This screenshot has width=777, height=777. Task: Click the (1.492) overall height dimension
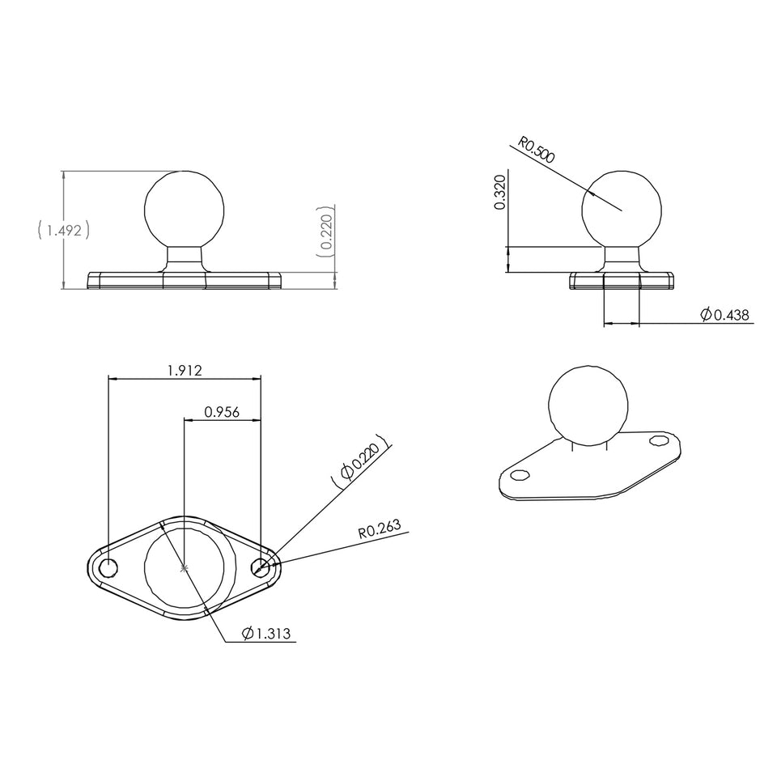click(63, 231)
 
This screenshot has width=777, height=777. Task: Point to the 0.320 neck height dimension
click(499, 192)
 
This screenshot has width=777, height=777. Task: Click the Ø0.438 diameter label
click(726, 314)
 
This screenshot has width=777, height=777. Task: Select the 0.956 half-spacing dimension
click(221, 412)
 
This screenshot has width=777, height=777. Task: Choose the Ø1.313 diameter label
click(268, 634)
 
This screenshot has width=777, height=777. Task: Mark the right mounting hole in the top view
click(261, 568)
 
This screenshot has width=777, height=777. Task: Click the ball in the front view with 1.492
click(185, 210)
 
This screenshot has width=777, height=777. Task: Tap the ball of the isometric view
click(588, 405)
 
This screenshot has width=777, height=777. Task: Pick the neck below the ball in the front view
click(185, 259)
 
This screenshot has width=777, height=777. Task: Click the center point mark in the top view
click(185, 568)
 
